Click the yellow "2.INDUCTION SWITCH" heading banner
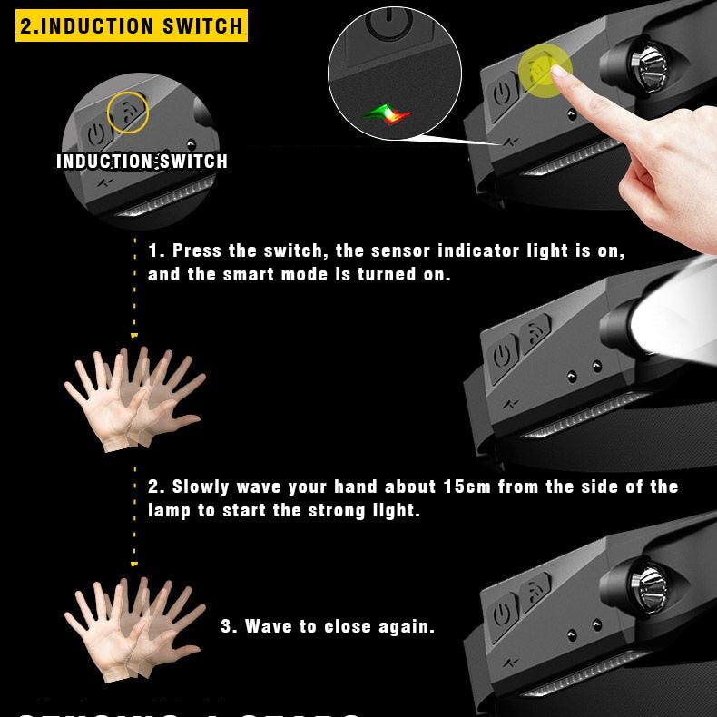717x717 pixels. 132,25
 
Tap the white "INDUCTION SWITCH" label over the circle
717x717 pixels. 142,162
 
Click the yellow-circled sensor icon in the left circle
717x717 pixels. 128,112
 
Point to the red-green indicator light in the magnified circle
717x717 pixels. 387,113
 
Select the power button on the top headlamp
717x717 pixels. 502,93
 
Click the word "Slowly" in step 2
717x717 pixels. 201,486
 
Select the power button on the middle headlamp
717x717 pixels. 502,352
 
